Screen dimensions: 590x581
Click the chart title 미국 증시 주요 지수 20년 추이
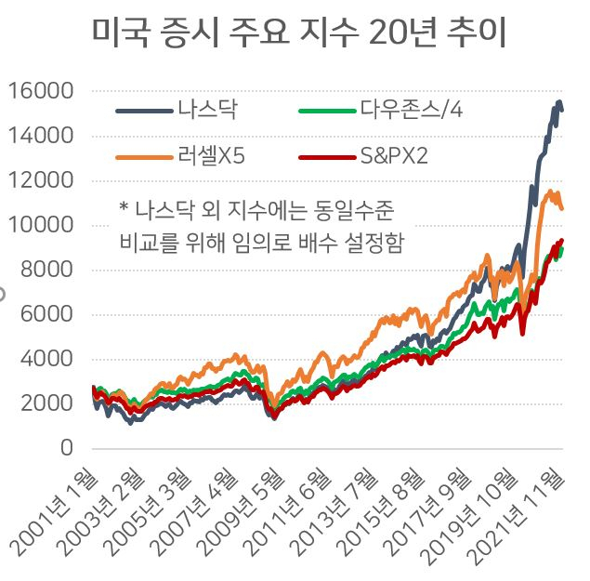299,33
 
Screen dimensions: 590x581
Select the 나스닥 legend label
208,110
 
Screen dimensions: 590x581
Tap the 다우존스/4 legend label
412,110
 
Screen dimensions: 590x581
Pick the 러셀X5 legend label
212,155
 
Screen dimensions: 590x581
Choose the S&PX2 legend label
394,155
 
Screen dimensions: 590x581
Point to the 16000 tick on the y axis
41,91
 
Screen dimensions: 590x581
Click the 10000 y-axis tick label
41,225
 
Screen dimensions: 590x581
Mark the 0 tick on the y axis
67,448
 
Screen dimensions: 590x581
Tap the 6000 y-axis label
46,313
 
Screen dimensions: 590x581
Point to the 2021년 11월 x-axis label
517,515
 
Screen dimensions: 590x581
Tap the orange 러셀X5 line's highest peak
550,191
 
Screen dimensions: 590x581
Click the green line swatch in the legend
327,111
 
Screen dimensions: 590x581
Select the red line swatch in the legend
327,157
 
